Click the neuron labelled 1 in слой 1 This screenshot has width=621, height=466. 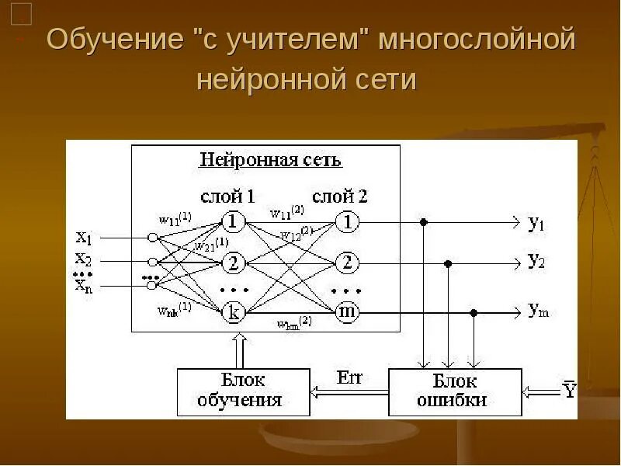(232, 222)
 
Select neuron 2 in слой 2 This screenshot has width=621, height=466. (347, 263)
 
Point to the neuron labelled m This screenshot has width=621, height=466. (347, 312)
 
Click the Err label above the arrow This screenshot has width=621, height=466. (350, 378)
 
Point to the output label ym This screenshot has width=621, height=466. (537, 311)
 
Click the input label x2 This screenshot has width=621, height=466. (83, 259)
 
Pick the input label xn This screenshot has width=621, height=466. (83, 286)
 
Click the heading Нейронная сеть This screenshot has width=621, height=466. (270, 161)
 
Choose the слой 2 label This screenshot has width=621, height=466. (340, 196)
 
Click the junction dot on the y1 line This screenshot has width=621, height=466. (423, 222)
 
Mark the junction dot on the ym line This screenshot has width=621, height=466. (474, 313)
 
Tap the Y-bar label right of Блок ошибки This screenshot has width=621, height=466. (571, 391)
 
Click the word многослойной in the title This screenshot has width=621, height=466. (477, 40)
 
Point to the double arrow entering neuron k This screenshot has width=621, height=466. (239, 349)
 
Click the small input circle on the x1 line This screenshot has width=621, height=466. (153, 237)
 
